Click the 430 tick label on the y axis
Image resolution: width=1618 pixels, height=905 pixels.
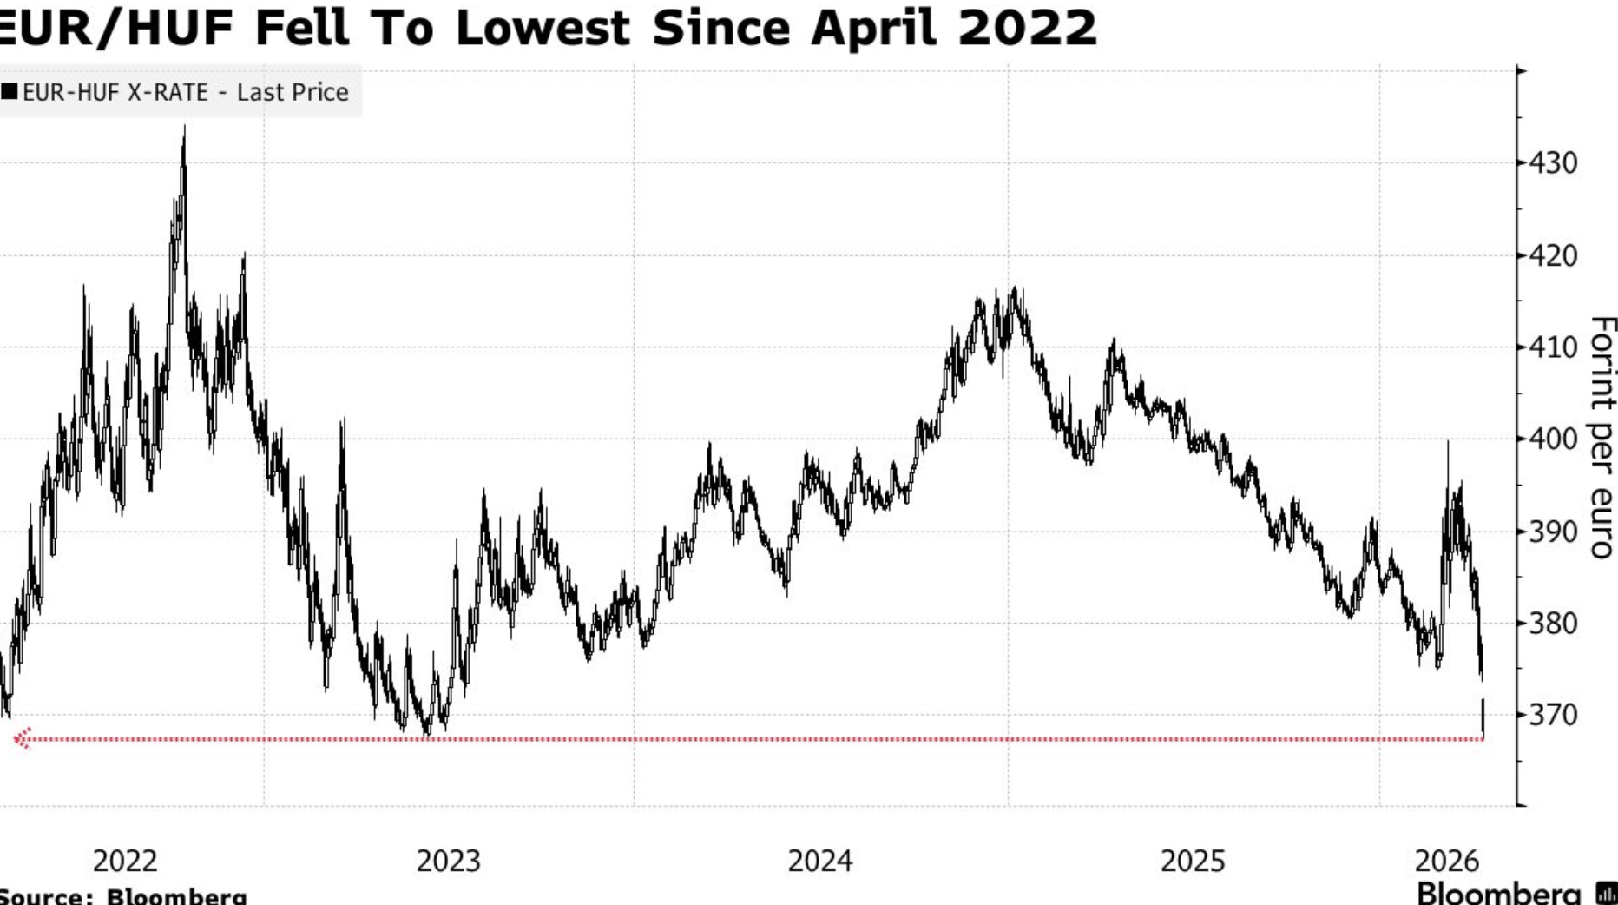(x=1554, y=163)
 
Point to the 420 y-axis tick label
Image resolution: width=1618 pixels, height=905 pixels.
(x=1554, y=256)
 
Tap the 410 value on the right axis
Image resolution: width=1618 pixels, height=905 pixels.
(x=1554, y=348)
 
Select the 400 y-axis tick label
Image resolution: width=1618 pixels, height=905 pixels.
(x=1554, y=439)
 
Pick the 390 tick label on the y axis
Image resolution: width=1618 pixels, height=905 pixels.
(x=1554, y=532)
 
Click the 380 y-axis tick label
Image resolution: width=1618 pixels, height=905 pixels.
(x=1554, y=624)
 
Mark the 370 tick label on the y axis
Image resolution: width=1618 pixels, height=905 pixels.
(x=1554, y=715)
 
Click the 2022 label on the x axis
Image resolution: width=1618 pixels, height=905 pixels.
(x=125, y=861)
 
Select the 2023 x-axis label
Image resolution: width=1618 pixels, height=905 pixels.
(x=448, y=861)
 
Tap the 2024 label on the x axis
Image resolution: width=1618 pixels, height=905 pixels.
(x=819, y=861)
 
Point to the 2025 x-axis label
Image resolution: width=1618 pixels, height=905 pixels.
(x=1193, y=861)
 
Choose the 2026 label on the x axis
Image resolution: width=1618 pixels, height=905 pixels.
(x=1446, y=861)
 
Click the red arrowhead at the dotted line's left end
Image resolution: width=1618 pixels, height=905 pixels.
(x=22, y=738)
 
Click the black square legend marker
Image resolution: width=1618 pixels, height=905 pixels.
(x=10, y=91)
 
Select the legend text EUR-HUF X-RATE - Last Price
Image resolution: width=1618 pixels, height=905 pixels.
(x=185, y=92)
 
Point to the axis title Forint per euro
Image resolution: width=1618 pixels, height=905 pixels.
(x=1602, y=437)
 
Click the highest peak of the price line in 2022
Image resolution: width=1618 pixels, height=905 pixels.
(x=184, y=129)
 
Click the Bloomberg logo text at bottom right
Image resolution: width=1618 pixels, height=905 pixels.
(x=1498, y=893)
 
